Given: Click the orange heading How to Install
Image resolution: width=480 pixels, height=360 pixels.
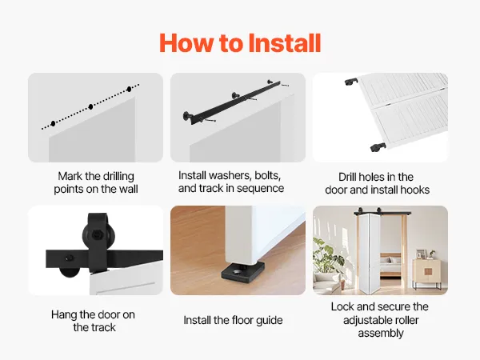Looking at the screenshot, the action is point(240,43).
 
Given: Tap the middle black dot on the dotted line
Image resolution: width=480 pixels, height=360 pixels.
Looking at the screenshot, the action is point(90,106).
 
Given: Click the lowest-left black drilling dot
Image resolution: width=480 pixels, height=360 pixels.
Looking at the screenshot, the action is point(54,123).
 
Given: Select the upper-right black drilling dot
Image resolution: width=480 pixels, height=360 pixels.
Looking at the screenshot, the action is point(129,89).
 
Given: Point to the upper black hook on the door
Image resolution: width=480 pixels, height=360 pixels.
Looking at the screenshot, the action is point(351,82).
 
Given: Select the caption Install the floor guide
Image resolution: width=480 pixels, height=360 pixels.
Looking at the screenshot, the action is point(233,320).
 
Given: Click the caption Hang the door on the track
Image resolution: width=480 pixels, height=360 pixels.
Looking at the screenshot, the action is point(94,321).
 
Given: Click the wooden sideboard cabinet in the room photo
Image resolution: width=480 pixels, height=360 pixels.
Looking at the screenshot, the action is point(426,273).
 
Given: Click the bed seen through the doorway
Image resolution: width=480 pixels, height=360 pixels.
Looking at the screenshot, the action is point(390,266).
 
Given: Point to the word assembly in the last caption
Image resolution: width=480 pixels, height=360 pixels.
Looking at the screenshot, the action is point(381,333).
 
